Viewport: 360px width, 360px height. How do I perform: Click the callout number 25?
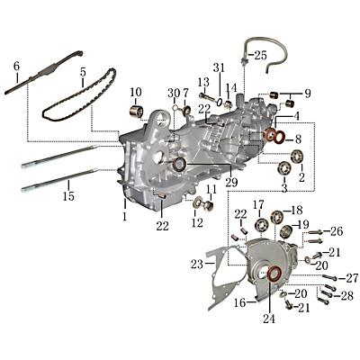tap(259, 56)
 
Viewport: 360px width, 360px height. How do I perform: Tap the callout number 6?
tap(15, 67)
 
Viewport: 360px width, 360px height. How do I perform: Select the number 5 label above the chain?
tap(82, 72)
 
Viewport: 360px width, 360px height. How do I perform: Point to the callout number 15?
tap(67, 195)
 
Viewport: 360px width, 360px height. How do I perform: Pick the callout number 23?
tap(197, 265)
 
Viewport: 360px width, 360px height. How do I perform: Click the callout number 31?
tap(219, 69)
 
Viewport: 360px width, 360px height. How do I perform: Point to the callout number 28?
tap(347, 296)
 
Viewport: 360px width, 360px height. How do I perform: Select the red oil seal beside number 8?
tap(271, 137)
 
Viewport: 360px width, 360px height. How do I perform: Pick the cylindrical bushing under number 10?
tap(139, 112)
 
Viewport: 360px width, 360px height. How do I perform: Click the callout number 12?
tap(196, 222)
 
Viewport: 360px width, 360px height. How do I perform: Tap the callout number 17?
tap(258, 204)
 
